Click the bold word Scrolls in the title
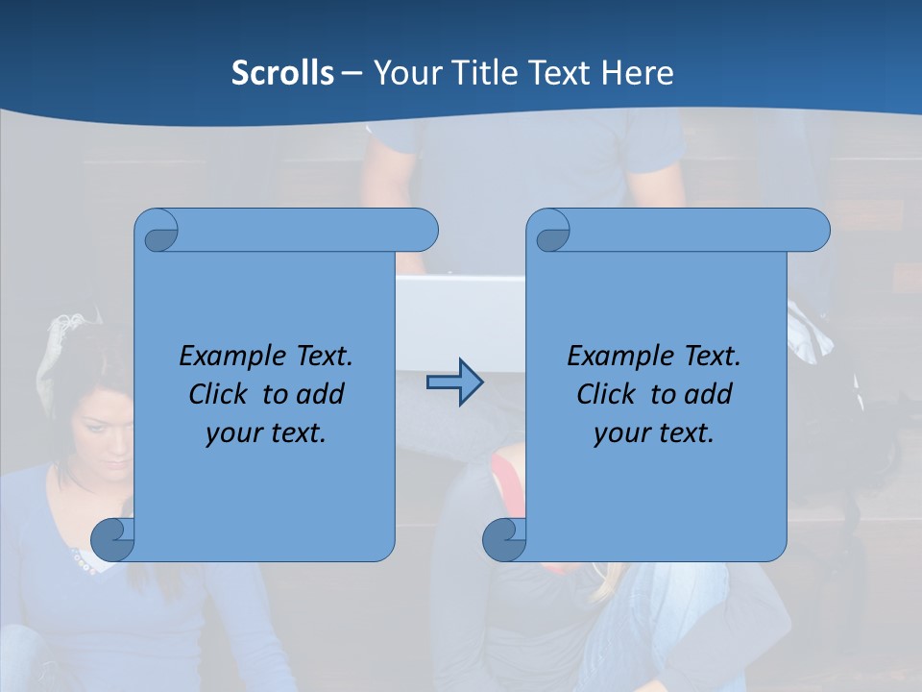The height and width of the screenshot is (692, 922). tap(282, 73)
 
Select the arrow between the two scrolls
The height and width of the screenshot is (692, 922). tap(454, 383)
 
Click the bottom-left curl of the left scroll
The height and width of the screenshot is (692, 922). tap(113, 540)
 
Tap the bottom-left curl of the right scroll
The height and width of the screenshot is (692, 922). tap(504, 540)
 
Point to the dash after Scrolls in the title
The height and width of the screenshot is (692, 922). tap(352, 73)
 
